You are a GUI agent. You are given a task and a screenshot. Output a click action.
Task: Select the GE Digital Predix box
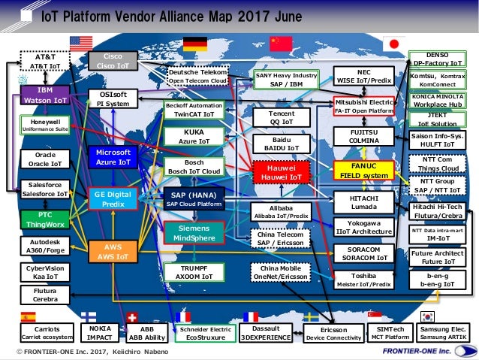113,198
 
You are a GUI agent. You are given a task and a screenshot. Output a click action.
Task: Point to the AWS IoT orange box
113,252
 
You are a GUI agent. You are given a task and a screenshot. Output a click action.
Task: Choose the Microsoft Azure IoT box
113,157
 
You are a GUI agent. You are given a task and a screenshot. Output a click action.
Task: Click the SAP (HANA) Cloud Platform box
193,199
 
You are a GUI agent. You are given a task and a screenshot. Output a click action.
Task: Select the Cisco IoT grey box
113,61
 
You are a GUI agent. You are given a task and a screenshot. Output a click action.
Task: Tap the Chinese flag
281,43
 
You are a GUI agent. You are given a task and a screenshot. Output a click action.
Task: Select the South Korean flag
429,316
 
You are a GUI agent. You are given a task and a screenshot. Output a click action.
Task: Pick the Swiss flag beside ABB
133,316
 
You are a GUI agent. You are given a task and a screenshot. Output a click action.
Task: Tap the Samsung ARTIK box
443,333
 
